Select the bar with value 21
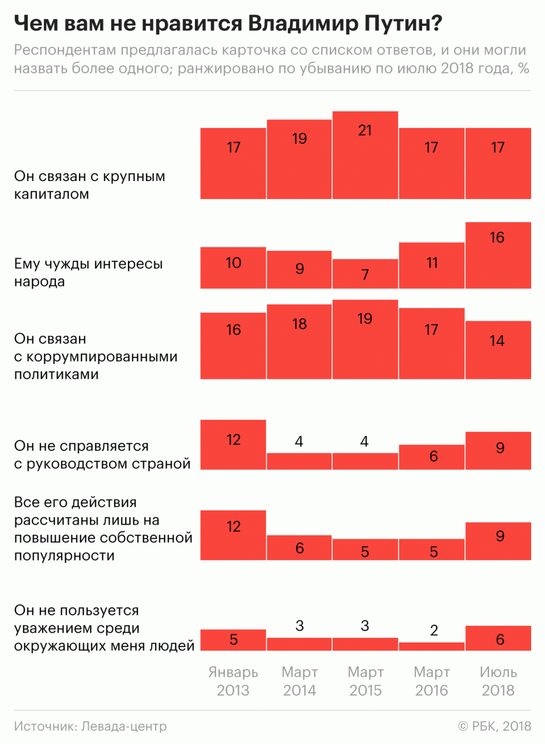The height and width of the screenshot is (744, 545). (x=365, y=155)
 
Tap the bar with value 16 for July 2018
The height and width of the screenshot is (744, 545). (x=498, y=255)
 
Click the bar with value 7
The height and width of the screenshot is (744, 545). (x=365, y=274)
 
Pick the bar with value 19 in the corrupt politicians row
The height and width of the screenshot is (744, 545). (x=365, y=339)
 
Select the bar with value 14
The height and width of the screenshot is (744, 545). (x=498, y=350)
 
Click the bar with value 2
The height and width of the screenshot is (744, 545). (x=431, y=647)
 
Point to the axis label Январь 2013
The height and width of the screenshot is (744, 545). (x=233, y=681)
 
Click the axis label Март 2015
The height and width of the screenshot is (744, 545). (x=365, y=681)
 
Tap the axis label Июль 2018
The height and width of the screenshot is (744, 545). (x=498, y=681)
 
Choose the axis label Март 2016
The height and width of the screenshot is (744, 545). (x=431, y=681)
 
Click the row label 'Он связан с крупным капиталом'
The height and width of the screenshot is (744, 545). (x=89, y=185)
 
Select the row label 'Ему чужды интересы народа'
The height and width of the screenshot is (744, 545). (x=88, y=273)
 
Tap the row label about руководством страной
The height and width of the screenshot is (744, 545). (x=102, y=454)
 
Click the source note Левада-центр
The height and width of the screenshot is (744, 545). (x=91, y=726)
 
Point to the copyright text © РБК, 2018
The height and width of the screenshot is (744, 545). (x=494, y=726)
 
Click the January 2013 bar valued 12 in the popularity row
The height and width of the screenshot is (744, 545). (x=233, y=535)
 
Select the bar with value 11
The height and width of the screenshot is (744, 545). (x=431, y=265)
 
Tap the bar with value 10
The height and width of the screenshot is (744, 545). (x=233, y=268)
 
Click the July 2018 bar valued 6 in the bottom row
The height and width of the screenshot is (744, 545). (x=498, y=638)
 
